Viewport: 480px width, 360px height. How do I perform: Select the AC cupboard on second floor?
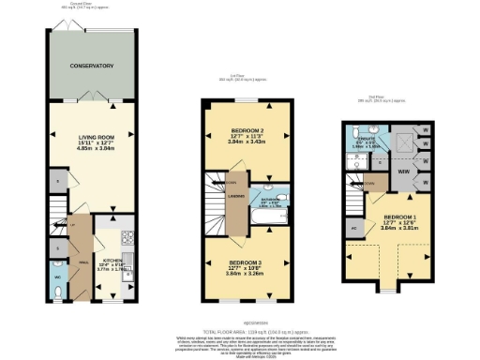[x=354, y=227]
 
